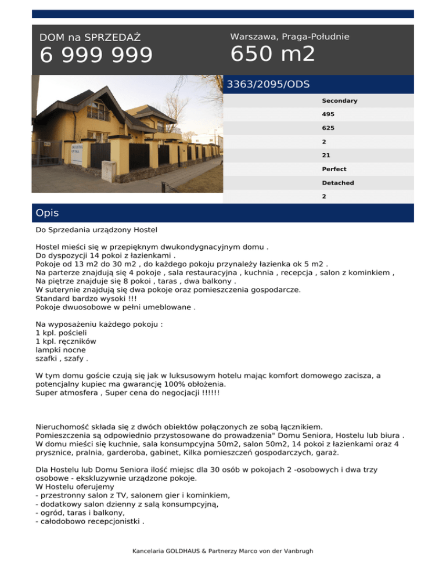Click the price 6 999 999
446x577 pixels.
[96, 56]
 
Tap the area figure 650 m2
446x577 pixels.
[272, 54]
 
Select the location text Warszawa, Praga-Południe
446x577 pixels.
[289, 37]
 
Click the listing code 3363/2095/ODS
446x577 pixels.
[268, 85]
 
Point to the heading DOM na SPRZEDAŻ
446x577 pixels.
[90, 38]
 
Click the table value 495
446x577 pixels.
[328, 114]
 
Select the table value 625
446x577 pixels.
[328, 128]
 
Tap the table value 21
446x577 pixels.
[326, 156]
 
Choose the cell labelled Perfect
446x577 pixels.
[334, 170]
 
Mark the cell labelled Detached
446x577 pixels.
[337, 183]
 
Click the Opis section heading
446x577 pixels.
[47, 213]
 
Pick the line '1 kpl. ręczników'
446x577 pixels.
[66, 342]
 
